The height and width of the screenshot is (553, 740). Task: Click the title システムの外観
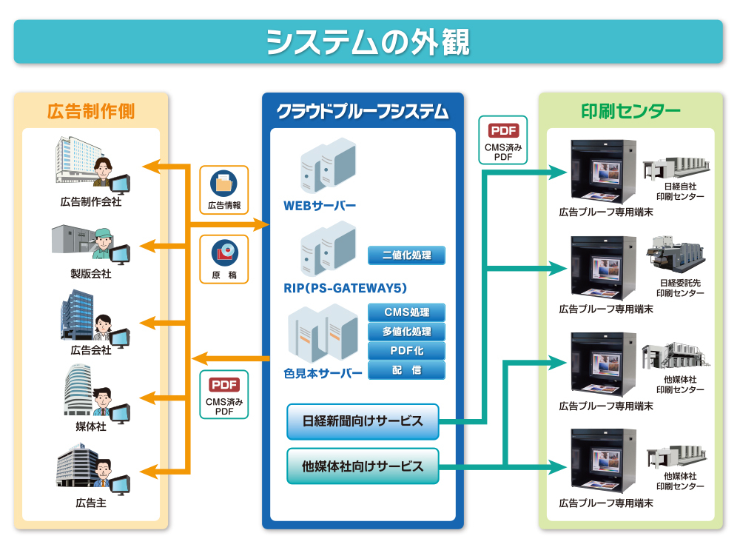pos(368,41)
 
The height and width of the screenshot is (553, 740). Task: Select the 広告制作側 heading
pos(91,112)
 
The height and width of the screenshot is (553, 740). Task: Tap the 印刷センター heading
pos(630,112)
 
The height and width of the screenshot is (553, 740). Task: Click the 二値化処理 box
pos(407,255)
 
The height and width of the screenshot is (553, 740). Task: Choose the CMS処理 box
pos(407,312)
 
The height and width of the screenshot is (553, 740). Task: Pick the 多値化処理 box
pos(407,332)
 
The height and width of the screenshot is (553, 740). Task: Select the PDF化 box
pos(407,351)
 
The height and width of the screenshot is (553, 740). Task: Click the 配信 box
pos(407,370)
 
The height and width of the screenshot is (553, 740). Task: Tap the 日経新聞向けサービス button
pos(363,421)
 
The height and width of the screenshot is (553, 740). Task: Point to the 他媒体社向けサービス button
pos(363,466)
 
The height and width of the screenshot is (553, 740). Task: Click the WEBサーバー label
pos(320,205)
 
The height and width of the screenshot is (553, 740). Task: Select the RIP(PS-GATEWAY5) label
pos(345,288)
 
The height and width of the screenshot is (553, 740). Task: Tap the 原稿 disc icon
pos(223,252)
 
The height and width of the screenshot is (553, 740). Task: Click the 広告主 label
pos(91,503)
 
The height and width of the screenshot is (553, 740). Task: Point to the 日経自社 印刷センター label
pos(680,191)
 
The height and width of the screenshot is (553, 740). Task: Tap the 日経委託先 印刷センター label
pos(680,288)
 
